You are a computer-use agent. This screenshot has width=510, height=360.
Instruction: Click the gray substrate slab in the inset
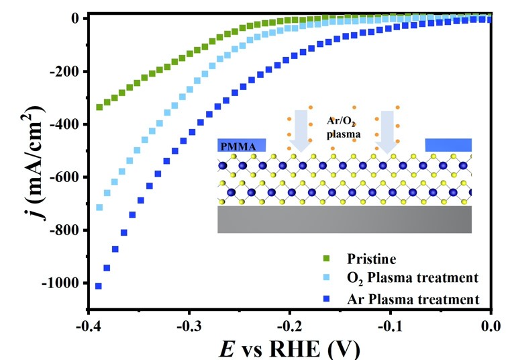pyautogui.click(x=344, y=220)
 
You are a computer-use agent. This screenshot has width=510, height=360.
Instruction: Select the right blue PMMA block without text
pyautogui.click(x=448, y=145)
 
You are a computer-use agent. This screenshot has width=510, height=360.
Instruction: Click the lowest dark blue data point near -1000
pyautogui.click(x=99, y=286)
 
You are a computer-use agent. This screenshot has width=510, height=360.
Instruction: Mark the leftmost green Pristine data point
pyautogui.click(x=99, y=107)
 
